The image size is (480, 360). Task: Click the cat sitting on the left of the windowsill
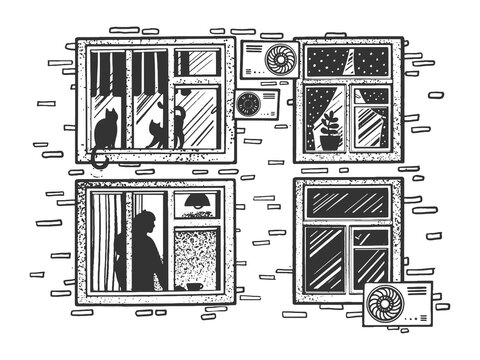pos(103,132)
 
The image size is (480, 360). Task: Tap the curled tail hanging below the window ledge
pos(96,158)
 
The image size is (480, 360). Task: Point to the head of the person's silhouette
pos(146,222)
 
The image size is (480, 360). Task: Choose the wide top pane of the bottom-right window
pos(346,201)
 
